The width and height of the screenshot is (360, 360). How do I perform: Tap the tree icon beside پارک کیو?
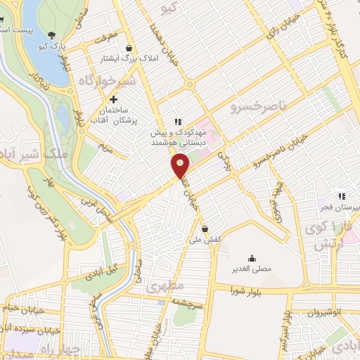tap(51, 34)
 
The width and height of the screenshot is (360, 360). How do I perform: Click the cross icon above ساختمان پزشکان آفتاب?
tap(112, 101)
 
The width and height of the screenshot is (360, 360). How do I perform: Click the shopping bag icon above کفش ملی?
tap(205, 228)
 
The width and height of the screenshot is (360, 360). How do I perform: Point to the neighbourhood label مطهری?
tap(165, 287)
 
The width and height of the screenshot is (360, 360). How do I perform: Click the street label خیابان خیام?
tap(24, 309)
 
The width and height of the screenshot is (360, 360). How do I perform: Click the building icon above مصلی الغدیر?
tap(252, 258)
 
